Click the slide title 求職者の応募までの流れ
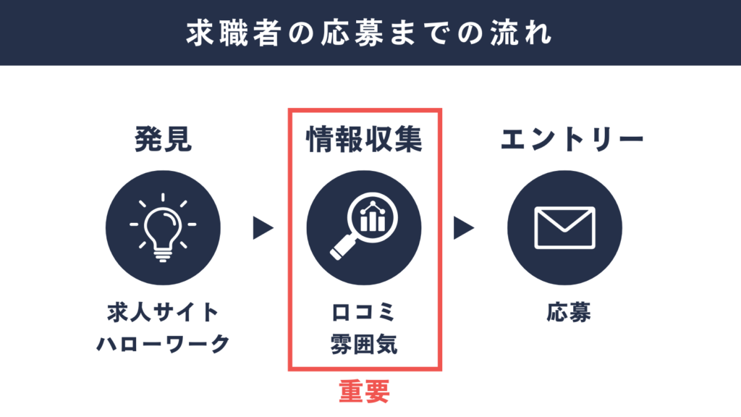click(369, 33)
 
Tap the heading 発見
click(163, 140)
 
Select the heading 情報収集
click(364, 140)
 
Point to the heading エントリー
click(572, 140)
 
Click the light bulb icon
click(163, 227)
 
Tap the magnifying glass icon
click(364, 226)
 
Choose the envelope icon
click(564, 227)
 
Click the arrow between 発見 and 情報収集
click(263, 228)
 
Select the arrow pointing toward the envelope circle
click(464, 228)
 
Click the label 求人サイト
click(163, 313)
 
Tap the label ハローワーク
click(163, 344)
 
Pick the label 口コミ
click(363, 313)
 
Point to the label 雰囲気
click(364, 344)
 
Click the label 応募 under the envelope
click(569, 313)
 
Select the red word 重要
click(365, 392)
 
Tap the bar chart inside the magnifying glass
click(373, 216)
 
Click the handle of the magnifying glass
click(342, 248)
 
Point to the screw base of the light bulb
click(163, 256)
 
